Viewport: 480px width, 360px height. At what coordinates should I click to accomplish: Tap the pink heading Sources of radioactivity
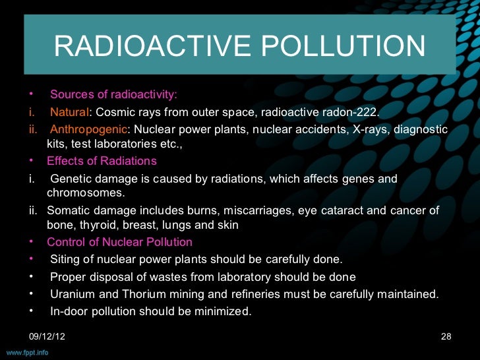tap(113, 94)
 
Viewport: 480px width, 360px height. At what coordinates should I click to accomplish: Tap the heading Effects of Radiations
tap(102, 161)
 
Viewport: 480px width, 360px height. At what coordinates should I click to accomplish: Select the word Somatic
tap(68, 210)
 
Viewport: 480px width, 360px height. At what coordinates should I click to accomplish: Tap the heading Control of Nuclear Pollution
tap(119, 242)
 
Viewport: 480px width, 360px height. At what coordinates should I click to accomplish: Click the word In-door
tap(70, 311)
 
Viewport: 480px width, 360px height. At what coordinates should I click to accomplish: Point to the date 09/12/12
tap(47, 337)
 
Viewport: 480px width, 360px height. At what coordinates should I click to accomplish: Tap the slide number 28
tap(446, 337)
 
